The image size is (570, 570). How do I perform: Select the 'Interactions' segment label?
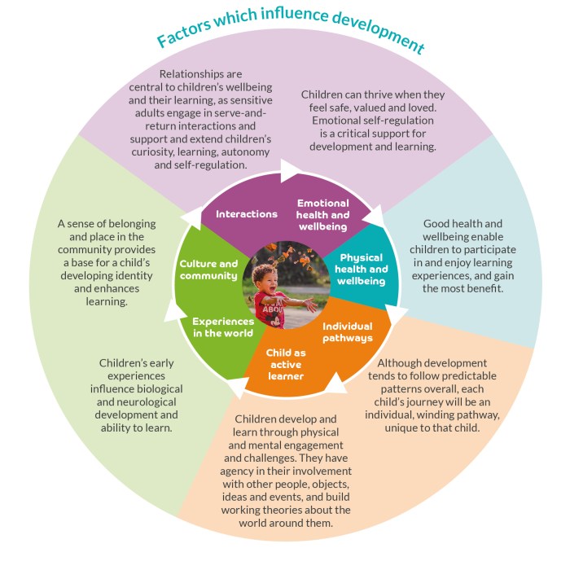246,214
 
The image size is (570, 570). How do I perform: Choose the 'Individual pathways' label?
348,331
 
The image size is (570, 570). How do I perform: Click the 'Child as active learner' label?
285,364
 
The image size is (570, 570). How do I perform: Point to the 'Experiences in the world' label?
222,327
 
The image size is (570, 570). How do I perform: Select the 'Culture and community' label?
208,270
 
